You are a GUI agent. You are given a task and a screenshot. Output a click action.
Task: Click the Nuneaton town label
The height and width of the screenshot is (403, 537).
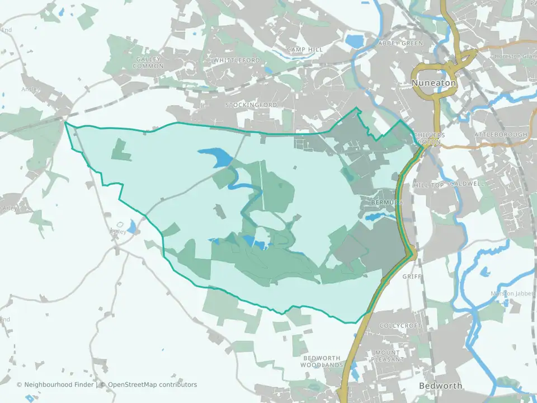pyautogui.click(x=434, y=83)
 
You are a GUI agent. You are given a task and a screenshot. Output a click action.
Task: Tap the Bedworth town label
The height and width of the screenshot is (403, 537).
pyautogui.click(x=441, y=386)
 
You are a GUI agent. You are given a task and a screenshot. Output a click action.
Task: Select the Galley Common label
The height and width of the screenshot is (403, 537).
pyautogui.click(x=148, y=62)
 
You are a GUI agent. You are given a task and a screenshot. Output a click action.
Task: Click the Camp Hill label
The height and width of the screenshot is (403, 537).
pyautogui.click(x=305, y=50)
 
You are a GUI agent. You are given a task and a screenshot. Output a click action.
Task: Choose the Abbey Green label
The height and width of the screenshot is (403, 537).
pyautogui.click(x=401, y=43)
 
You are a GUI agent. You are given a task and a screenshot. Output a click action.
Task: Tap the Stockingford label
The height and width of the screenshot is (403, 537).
pyautogui.click(x=251, y=105)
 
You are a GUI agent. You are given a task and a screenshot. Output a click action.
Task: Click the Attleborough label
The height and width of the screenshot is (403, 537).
pyautogui.click(x=501, y=135)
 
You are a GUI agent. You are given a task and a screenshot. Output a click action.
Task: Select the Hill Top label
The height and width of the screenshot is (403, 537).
pyautogui.click(x=428, y=185)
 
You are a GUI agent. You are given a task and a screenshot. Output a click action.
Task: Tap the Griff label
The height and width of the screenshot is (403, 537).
pyautogui.click(x=410, y=277)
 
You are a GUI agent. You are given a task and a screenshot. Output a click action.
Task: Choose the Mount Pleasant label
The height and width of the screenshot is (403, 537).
pyautogui.click(x=388, y=356)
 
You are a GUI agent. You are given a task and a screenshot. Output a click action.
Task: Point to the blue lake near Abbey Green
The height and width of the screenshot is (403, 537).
pyautogui.click(x=355, y=41)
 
